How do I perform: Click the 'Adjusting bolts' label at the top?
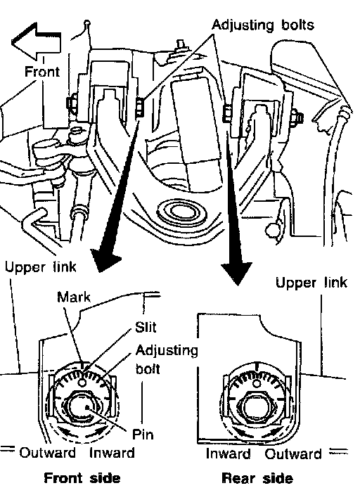[263, 25]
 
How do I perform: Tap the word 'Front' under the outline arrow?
[42, 72]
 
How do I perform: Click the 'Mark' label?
[74, 297]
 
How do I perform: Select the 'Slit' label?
[146, 327]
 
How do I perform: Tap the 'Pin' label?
[143, 435]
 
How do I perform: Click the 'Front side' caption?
[82, 478]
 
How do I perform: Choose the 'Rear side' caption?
[257, 478]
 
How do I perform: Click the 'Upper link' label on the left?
[40, 267]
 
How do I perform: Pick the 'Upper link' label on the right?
[311, 282]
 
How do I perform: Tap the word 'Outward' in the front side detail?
[47, 452]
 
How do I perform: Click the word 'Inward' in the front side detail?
[112, 452]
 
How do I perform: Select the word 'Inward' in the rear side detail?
[228, 454]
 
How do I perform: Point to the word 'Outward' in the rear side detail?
[292, 454]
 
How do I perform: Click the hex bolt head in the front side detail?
[83, 407]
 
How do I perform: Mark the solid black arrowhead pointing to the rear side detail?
[236, 272]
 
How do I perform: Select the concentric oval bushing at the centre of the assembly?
[181, 213]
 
